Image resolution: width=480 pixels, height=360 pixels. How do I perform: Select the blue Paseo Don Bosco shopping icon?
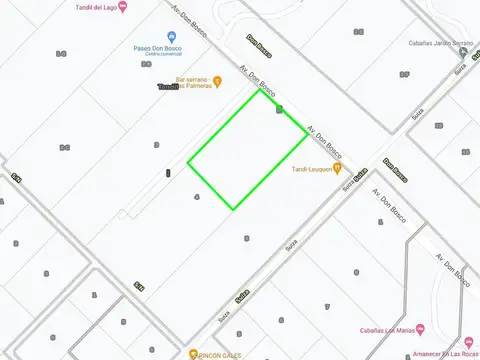[x=158, y=35]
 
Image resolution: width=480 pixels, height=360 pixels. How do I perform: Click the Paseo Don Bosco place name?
[x=158, y=48]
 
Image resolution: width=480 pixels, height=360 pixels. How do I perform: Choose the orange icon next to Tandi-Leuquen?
[x=338, y=168]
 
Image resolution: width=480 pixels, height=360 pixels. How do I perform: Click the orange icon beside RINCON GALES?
[x=193, y=354]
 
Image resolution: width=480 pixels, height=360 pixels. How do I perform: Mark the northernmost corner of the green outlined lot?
[x=260, y=91]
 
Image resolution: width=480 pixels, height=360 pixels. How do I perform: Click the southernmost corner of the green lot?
[x=234, y=209]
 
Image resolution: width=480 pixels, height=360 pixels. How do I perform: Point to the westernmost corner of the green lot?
[x=188, y=162]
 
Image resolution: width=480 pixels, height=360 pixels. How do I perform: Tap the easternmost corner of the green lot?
[x=308, y=134]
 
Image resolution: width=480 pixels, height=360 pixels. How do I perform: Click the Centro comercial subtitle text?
[x=158, y=56]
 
